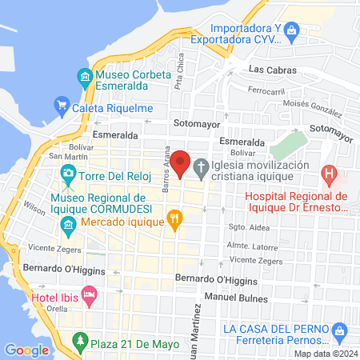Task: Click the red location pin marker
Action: pyautogui.click(x=181, y=163)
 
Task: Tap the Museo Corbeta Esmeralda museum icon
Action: pyautogui.click(x=84, y=77)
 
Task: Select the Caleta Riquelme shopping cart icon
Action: pyautogui.click(x=61, y=104)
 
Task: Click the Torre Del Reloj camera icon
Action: pyautogui.click(x=69, y=173)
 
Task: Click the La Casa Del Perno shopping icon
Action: pyautogui.click(x=339, y=330)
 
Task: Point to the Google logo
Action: pyautogui.click(x=27, y=350)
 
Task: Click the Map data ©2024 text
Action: pyautogui.click(x=325, y=353)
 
